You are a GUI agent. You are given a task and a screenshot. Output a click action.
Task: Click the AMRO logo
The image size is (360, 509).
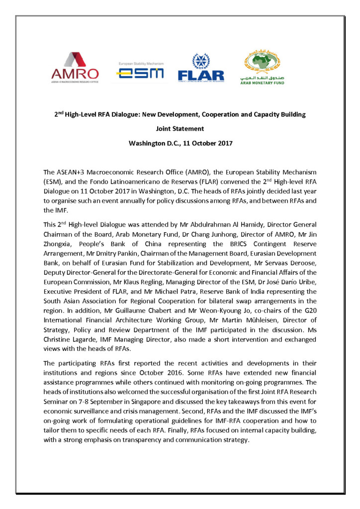click(75, 67)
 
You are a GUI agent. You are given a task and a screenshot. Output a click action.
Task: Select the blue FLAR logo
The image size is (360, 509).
click(201, 67)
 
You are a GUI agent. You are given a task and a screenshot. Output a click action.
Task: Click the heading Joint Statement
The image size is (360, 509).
click(180, 129)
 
